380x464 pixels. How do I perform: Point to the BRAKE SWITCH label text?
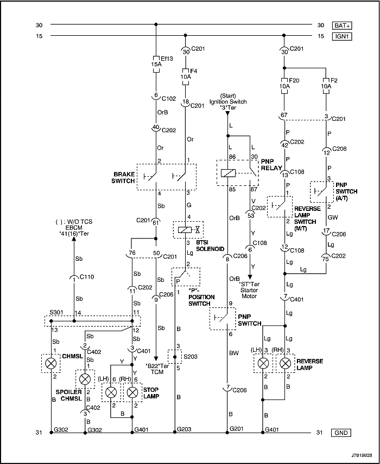[123, 177]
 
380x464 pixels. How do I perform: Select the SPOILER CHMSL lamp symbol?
[85, 379]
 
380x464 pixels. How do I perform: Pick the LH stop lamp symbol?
[111, 391]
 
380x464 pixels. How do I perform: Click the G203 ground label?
[185, 429]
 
